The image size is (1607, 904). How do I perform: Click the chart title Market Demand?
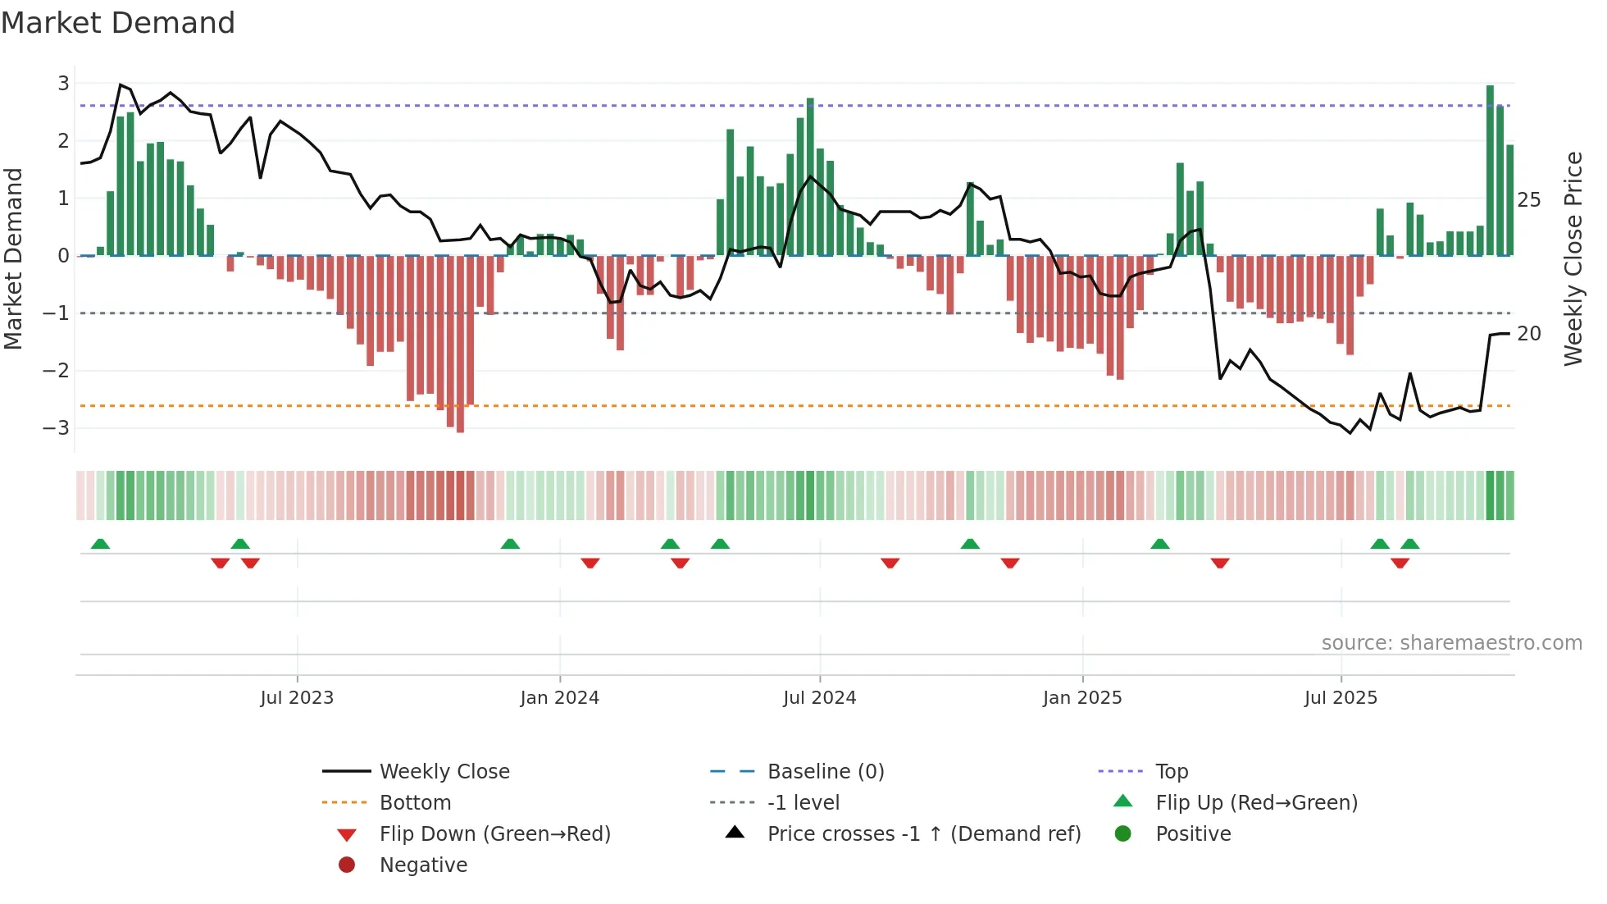pyautogui.click(x=118, y=23)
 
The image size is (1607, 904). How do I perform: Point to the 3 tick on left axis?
pyautogui.click(x=63, y=83)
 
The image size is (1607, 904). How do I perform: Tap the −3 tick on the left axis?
pyautogui.click(x=57, y=427)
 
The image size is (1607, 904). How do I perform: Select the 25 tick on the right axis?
pyautogui.click(x=1528, y=200)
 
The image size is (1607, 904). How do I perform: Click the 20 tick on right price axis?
pyautogui.click(x=1528, y=334)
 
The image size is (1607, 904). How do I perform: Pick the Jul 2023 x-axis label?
pyautogui.click(x=297, y=698)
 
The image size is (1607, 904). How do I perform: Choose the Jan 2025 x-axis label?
pyautogui.click(x=1082, y=698)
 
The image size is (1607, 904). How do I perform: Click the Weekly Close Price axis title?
pyautogui.click(x=1573, y=258)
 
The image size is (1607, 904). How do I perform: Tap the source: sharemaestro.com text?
pyautogui.click(x=1451, y=643)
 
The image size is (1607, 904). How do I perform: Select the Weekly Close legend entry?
pyautogui.click(x=444, y=772)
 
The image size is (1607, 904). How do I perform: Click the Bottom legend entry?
pyautogui.click(x=415, y=803)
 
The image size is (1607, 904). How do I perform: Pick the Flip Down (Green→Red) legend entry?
pyautogui.click(x=494, y=834)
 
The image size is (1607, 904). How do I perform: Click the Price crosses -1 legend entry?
pyautogui.click(x=924, y=834)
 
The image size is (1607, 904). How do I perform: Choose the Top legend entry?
pyautogui.click(x=1172, y=772)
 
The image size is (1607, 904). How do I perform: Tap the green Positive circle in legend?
pyautogui.click(x=1123, y=834)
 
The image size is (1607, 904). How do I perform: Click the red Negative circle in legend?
pyautogui.click(x=347, y=865)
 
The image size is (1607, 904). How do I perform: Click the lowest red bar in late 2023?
pyautogui.click(x=460, y=344)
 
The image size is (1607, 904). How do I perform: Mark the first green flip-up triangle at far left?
pyautogui.click(x=100, y=544)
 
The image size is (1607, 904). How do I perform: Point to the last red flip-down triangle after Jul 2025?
pyautogui.click(x=1400, y=563)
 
